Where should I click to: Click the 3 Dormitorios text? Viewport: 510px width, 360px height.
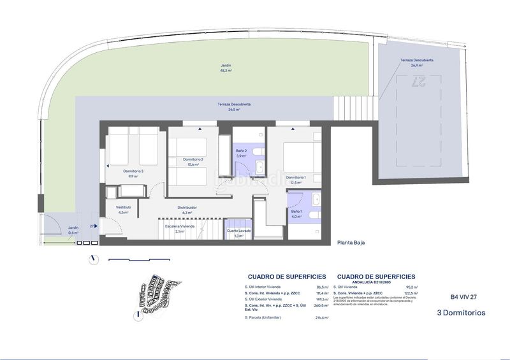coord(461,313)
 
